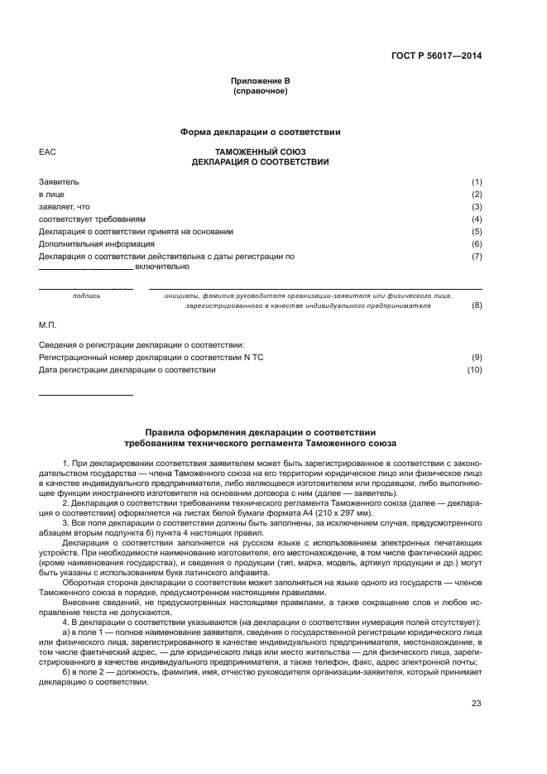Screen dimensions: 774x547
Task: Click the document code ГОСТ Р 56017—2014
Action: click(436, 56)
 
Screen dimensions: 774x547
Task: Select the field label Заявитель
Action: click(59, 182)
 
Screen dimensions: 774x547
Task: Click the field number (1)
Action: click(477, 182)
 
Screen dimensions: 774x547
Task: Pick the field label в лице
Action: click(51, 195)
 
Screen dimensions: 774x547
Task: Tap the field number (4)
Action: click(477, 219)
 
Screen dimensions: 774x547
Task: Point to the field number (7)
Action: click(477, 257)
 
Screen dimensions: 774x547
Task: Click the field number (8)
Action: click(477, 305)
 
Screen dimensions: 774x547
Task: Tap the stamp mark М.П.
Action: click(47, 325)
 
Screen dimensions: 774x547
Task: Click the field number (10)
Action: click(475, 370)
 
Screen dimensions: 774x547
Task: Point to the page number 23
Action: click(477, 704)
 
